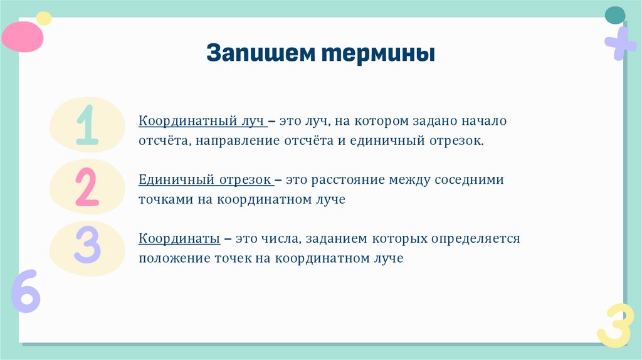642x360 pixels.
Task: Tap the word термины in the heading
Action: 379,54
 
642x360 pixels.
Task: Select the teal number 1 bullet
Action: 87,125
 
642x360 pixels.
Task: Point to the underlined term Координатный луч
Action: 203,120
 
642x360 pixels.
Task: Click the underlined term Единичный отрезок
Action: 205,180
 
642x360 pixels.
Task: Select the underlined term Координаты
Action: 179,239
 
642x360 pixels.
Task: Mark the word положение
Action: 169,258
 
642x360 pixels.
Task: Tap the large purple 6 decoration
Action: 25,292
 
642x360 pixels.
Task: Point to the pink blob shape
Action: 23,36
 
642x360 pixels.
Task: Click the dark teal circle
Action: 615,15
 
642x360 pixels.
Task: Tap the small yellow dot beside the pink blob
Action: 44,18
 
